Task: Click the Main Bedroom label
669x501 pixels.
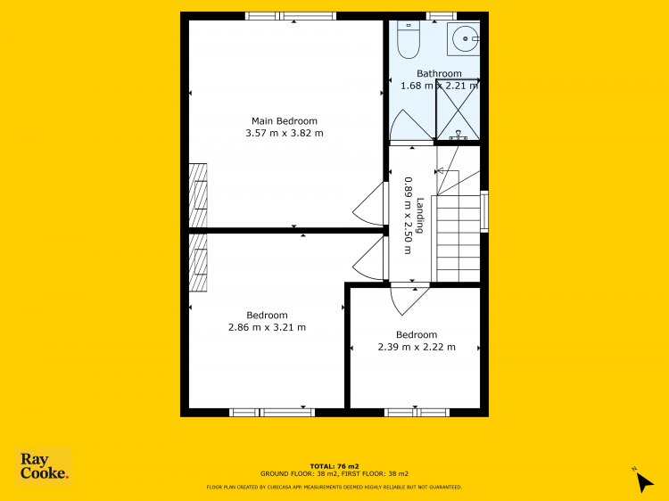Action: (285, 121)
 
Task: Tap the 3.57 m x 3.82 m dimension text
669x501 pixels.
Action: (285, 133)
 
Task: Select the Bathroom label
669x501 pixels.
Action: (439, 73)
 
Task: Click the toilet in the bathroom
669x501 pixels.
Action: (409, 39)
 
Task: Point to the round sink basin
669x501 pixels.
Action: (465, 39)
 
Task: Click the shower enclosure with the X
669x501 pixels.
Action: (458, 110)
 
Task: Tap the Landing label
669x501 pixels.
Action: (420, 216)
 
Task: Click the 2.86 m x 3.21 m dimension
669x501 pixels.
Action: (267, 327)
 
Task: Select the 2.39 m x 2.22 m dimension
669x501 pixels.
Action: (417, 347)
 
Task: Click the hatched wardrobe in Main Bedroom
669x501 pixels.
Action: (198, 195)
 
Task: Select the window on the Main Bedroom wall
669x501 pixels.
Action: (291, 16)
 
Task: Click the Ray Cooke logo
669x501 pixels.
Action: (44, 466)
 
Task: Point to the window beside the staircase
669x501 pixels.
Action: (484, 211)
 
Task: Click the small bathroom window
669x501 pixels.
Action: (442, 16)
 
